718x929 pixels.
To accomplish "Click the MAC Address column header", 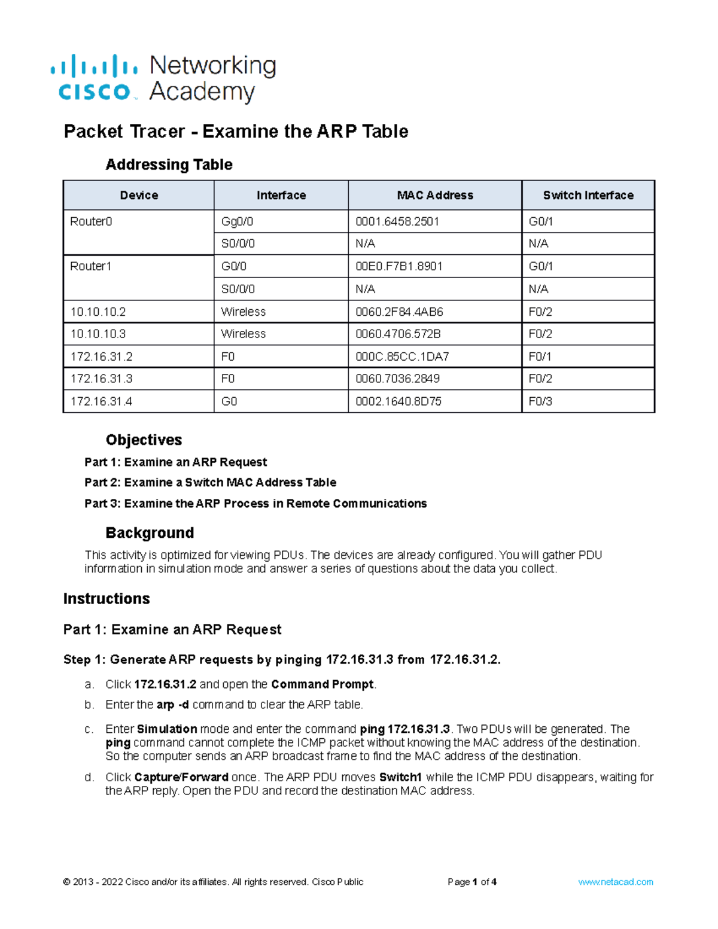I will tap(435, 195).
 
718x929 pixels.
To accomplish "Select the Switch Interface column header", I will tap(588, 195).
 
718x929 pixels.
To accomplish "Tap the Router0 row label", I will tap(91, 221).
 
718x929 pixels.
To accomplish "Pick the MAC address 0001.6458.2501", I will tap(397, 221).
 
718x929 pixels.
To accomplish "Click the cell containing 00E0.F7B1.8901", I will tap(399, 266).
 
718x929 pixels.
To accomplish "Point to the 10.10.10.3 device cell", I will tap(98, 334).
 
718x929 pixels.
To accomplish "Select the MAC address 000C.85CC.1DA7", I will tap(402, 357).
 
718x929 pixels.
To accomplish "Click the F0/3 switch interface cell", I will tap(540, 401).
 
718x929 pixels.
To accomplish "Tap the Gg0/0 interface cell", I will tap(237, 221).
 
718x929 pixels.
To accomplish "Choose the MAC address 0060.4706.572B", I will tap(398, 334).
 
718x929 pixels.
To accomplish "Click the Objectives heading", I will tap(144, 440).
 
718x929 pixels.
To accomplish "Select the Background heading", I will tap(150, 532).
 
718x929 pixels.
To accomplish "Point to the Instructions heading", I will tap(107, 598).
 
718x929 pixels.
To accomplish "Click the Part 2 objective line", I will tap(210, 482).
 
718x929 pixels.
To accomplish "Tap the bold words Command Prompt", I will tap(322, 684).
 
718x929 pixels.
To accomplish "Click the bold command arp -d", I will tap(172, 705).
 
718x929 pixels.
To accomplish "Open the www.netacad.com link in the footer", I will tap(615, 882).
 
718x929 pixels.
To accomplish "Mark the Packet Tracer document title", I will tap(236, 131).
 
